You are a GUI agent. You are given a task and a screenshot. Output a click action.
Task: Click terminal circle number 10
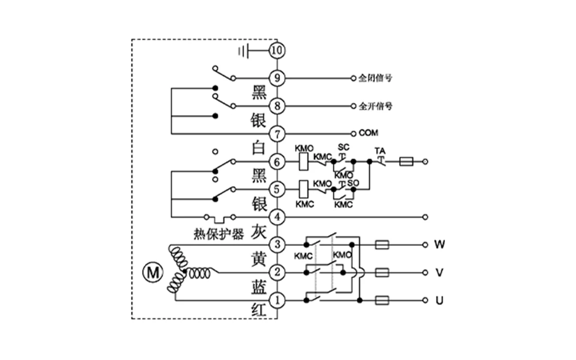[x=277, y=50]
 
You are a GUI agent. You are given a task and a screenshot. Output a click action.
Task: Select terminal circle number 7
[x=277, y=133]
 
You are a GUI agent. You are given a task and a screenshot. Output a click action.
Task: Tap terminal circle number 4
[x=277, y=217]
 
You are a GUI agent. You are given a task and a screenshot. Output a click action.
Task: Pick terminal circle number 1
[x=277, y=300]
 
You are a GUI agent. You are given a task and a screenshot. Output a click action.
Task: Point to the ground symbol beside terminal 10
[x=244, y=50]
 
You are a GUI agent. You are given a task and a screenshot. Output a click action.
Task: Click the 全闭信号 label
[x=375, y=78]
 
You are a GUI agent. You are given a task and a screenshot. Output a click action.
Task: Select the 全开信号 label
[x=375, y=106]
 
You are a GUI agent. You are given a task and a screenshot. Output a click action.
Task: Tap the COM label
[x=368, y=133]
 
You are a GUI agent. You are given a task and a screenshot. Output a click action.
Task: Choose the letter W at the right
[x=439, y=245]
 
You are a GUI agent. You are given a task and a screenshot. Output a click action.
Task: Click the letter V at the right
[x=439, y=273]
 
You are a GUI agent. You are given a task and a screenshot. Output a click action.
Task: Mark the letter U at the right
[x=439, y=300]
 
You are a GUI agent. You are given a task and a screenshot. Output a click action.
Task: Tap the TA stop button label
[x=380, y=150]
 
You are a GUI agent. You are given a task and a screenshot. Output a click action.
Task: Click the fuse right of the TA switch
[x=406, y=162]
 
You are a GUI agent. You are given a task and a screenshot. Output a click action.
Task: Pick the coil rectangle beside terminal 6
[x=303, y=162]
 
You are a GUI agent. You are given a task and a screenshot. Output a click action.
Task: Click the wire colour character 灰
[x=259, y=233]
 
